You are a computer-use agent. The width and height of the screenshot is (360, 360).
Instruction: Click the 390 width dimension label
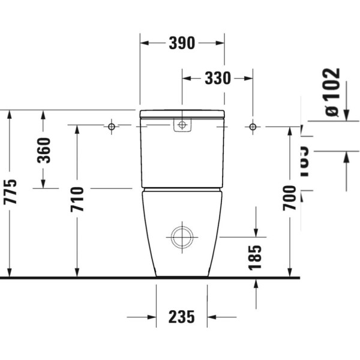182,43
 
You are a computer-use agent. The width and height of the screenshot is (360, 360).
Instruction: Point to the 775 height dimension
11,192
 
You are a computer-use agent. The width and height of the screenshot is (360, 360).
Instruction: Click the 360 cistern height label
44,151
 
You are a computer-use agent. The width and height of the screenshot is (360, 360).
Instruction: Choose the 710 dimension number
77,199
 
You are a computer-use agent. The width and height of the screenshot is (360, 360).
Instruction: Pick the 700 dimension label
290,198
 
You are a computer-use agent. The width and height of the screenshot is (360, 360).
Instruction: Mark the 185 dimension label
256,257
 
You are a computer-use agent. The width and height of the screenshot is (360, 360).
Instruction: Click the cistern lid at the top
182,113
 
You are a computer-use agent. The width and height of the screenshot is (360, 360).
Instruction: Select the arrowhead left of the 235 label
151,317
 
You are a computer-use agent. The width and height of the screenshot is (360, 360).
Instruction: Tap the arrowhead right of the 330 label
247,78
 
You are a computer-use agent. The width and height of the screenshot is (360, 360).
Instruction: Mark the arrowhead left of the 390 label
146,43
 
